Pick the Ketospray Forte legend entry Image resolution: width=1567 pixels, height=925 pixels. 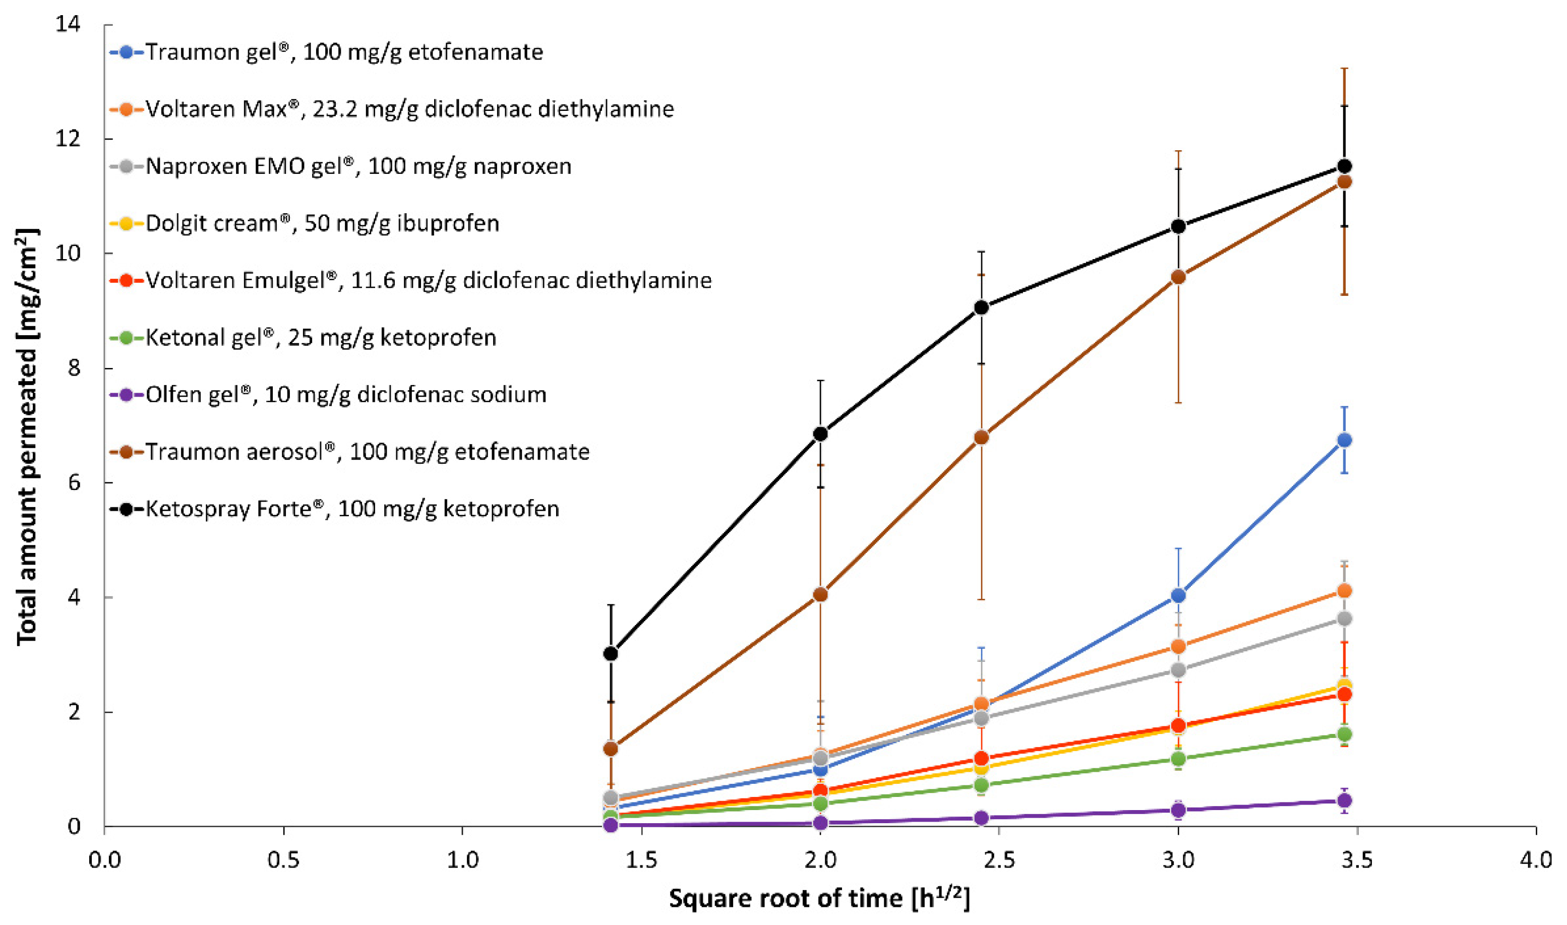352,509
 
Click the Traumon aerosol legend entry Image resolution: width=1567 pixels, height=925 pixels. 367,452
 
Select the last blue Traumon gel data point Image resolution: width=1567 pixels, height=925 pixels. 1345,440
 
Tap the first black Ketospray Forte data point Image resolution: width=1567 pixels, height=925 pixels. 611,653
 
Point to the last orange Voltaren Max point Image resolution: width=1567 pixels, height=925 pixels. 1345,590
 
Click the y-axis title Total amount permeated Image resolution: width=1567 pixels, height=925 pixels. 27,437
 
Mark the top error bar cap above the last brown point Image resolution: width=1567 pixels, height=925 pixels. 1345,69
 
